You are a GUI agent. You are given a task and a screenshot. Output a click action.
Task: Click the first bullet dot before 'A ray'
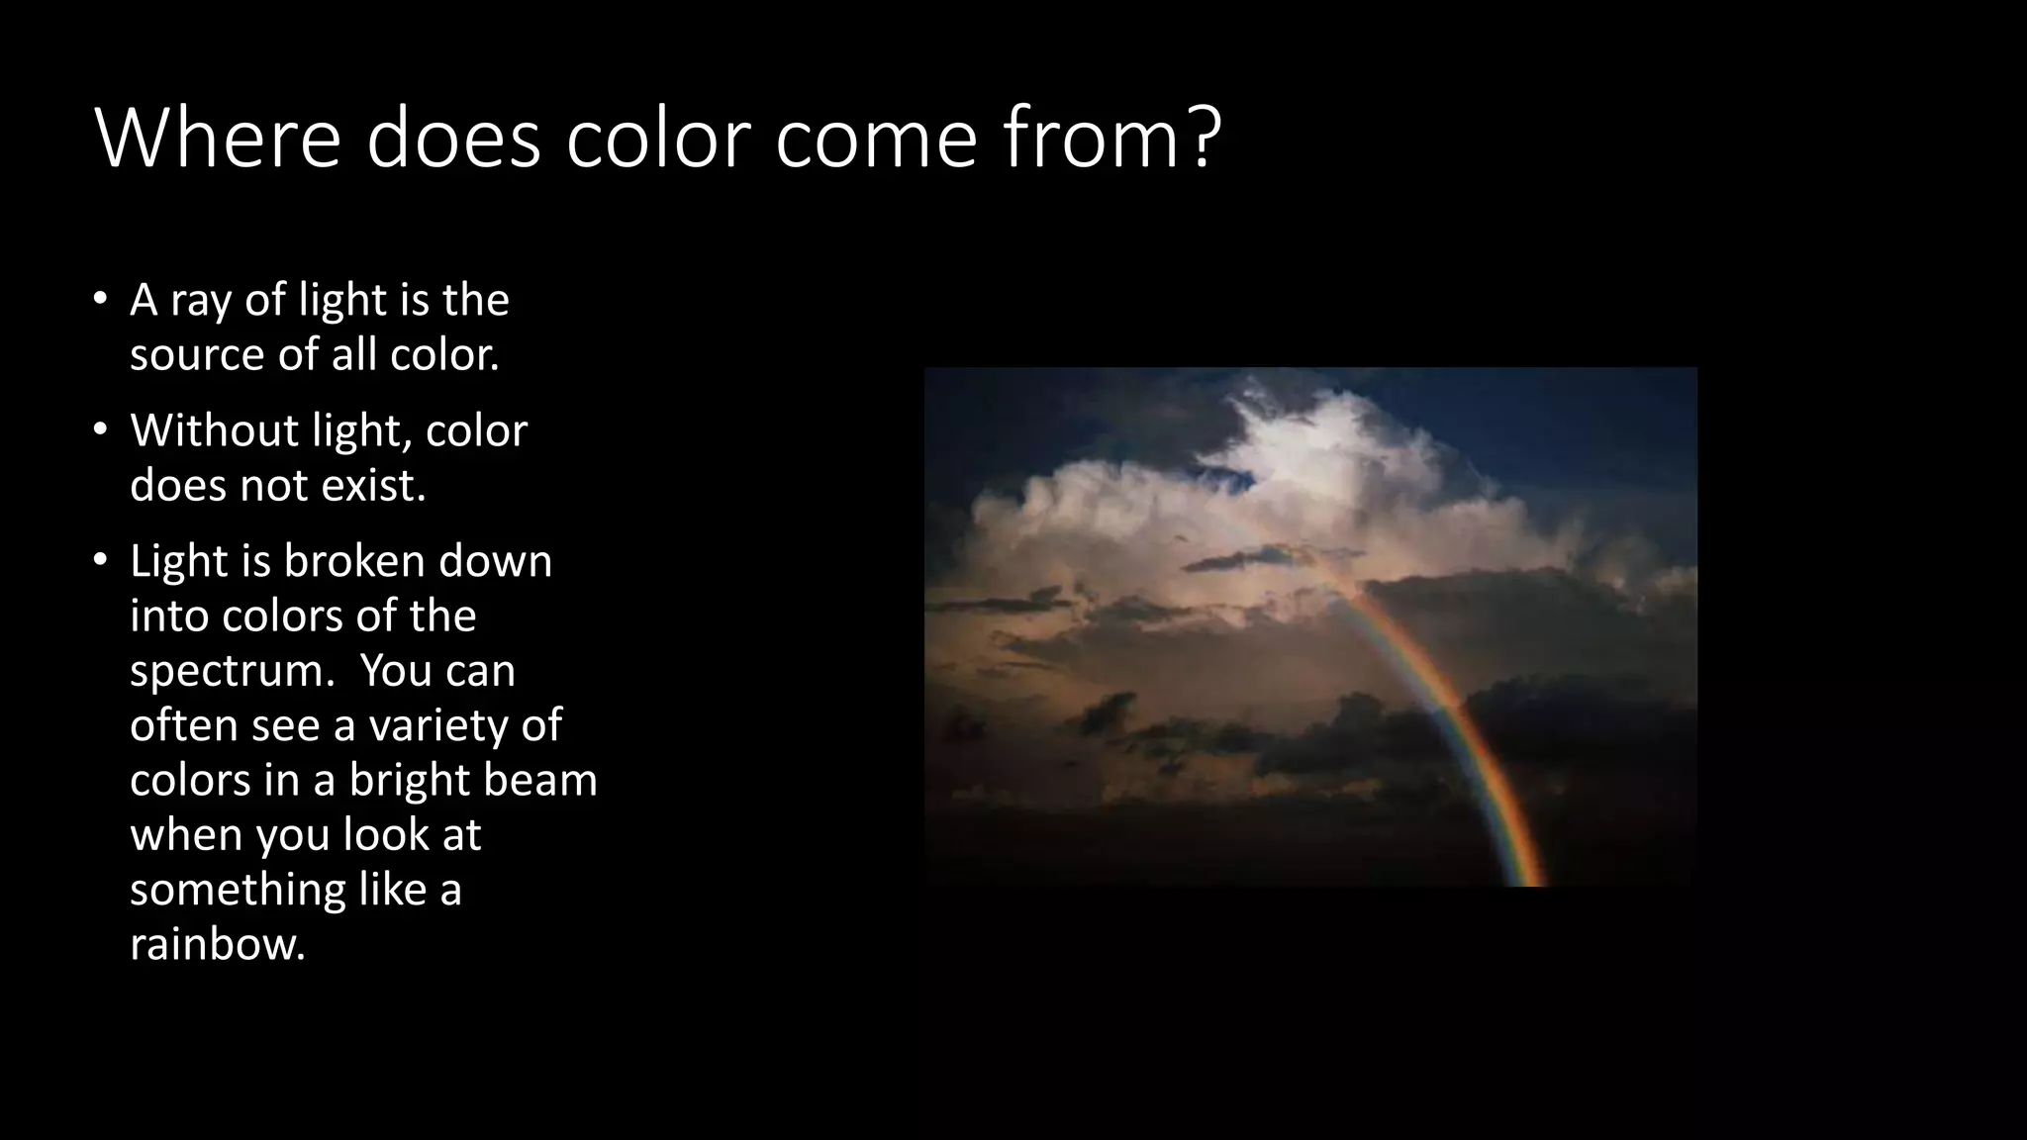tap(100, 298)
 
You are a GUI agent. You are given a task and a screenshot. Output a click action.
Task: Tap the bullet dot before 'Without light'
tap(100, 429)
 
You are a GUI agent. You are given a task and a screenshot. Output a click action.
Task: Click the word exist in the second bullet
tap(371, 485)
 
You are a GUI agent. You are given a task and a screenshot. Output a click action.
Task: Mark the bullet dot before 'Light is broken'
tap(100, 560)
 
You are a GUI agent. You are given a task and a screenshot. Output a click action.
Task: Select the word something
tap(237, 891)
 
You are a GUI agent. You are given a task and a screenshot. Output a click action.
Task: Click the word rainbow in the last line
tap(217, 944)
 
